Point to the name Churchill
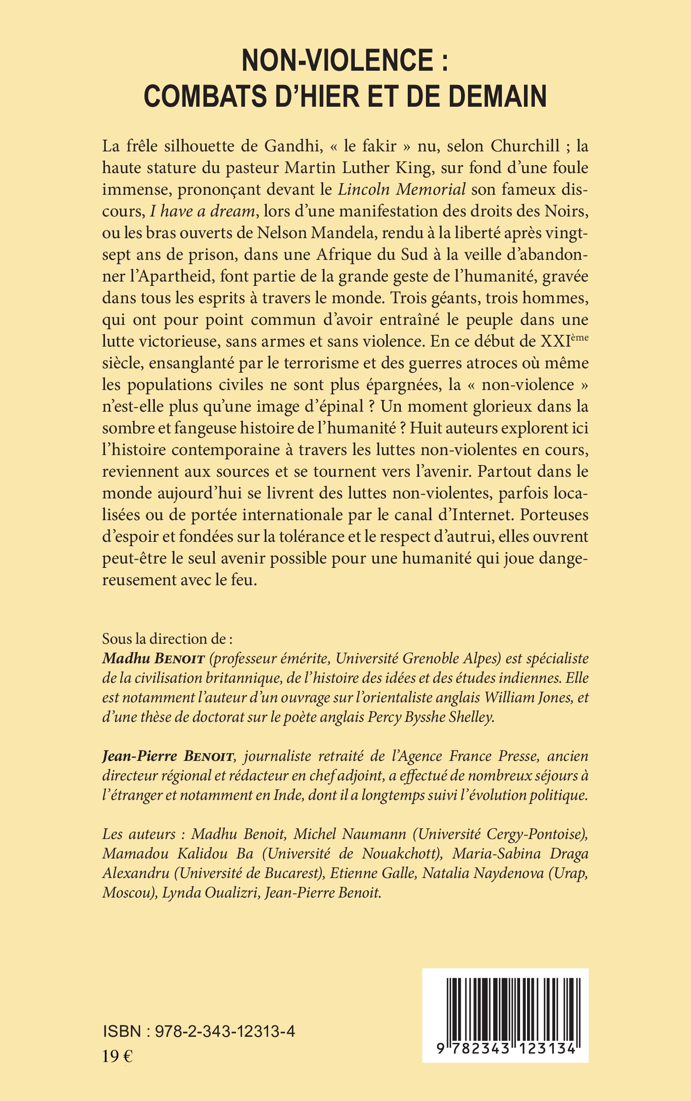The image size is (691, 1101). click(x=525, y=146)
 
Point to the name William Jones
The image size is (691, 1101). click(x=528, y=698)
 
